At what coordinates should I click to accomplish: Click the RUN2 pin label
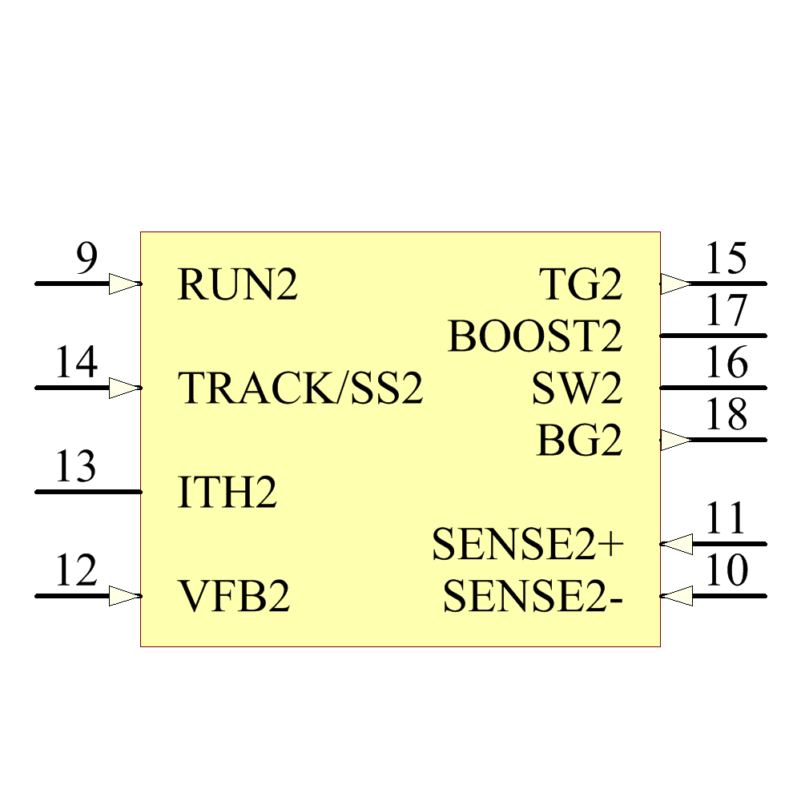pos(237,285)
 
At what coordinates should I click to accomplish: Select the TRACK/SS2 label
pos(300,388)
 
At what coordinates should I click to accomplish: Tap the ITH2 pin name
pos(227,493)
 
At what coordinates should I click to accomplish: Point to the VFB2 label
pos(233,597)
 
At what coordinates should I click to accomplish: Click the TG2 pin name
pos(580,285)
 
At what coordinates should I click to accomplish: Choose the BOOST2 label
pos(534,336)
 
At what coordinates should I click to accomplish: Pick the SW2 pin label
pos(577,389)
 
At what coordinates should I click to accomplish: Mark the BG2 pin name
pos(579,441)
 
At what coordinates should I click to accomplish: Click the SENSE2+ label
pos(527,545)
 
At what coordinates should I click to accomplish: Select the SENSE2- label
pos(533,598)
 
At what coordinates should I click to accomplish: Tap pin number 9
pos(87,260)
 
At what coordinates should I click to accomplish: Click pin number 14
pos(76,364)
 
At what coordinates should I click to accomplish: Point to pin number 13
pos(76,467)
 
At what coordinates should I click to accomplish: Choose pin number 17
pos(726,312)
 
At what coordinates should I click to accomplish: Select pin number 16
pos(726,364)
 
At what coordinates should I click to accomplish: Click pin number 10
pos(726,571)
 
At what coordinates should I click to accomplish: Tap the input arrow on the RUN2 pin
pos(124,284)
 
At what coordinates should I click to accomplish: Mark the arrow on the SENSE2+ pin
pos(678,544)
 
